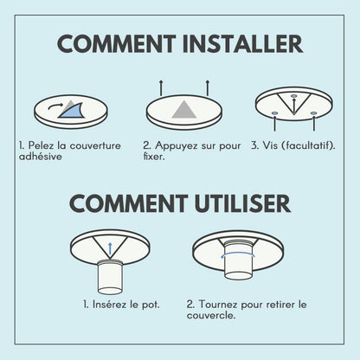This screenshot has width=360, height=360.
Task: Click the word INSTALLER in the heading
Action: point(242,44)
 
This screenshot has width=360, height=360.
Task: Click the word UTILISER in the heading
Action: point(242,203)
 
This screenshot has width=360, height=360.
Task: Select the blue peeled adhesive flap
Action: point(71,111)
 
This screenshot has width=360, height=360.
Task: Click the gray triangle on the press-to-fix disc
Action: point(184,110)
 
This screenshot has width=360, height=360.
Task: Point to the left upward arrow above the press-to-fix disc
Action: point(161,88)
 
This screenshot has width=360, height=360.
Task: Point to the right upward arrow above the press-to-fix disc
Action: point(208,88)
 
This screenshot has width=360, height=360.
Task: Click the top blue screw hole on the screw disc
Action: point(293,96)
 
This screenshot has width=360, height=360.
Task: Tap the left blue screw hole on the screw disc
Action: point(274,112)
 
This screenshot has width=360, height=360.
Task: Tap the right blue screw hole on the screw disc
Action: point(314,113)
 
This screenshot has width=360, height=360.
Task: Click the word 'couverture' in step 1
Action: point(95,145)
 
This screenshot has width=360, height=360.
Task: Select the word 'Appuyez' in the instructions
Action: point(177,146)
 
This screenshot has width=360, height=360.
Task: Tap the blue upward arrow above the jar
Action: point(110,248)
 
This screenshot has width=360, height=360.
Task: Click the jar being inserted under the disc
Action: point(110,276)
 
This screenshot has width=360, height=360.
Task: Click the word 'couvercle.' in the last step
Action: point(211,315)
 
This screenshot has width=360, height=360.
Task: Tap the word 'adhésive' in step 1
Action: point(41,157)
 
